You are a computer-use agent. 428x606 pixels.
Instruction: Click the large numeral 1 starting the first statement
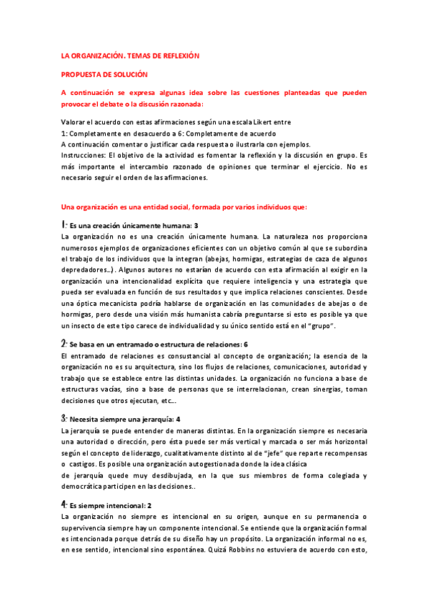tap(64, 225)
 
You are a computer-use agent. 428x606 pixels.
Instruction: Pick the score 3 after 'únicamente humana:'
tap(196, 226)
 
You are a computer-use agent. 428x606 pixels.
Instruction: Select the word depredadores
tap(84, 269)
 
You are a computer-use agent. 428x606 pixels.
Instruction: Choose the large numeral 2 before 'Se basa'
tap(64, 344)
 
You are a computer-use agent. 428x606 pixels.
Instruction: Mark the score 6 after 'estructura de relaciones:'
tap(245, 344)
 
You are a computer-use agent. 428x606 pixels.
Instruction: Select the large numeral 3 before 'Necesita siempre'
tap(64, 418)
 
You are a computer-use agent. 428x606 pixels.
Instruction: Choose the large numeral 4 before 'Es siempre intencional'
tap(64, 504)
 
